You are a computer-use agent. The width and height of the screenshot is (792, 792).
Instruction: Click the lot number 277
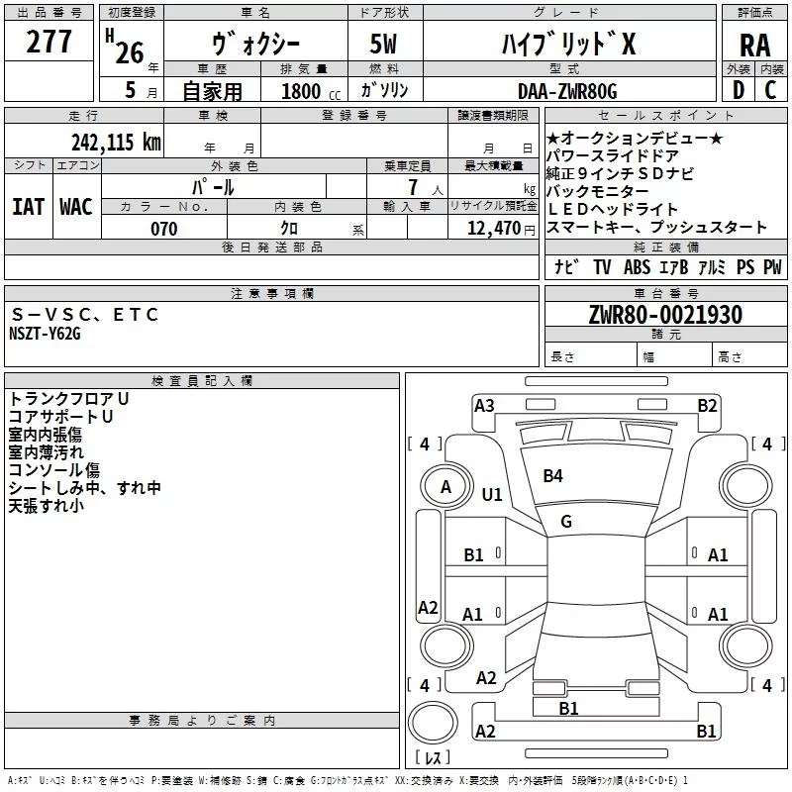pyautogui.click(x=49, y=43)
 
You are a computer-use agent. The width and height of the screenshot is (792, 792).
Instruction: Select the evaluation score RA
pyautogui.click(x=754, y=47)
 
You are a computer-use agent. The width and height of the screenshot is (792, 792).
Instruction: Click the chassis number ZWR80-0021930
pyautogui.click(x=664, y=315)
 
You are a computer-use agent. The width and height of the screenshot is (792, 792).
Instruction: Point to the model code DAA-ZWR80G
pyautogui.click(x=566, y=91)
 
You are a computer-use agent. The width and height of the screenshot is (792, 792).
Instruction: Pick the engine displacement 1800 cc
pyautogui.click(x=307, y=92)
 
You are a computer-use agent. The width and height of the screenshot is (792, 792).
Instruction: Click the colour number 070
pyautogui.click(x=163, y=229)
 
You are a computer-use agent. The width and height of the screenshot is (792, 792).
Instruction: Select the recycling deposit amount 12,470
pyautogui.click(x=491, y=229)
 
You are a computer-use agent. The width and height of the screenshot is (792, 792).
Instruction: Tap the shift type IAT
pyautogui.click(x=28, y=206)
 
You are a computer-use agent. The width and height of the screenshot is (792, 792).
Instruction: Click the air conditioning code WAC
pyautogui.click(x=76, y=206)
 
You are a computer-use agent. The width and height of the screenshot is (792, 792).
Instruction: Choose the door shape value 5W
pyautogui.click(x=383, y=47)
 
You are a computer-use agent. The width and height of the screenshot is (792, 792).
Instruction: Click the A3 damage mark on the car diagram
pyautogui.click(x=484, y=405)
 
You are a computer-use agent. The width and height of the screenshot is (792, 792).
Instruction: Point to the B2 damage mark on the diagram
pyautogui.click(x=707, y=405)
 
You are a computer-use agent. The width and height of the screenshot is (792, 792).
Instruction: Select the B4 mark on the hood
pyautogui.click(x=552, y=476)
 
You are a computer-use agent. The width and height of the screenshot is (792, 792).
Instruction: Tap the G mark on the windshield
pyautogui.click(x=566, y=521)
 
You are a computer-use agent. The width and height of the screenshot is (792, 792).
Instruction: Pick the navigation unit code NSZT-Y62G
pyautogui.click(x=45, y=334)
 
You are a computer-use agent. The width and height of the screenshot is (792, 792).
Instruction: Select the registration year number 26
pyautogui.click(x=130, y=51)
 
